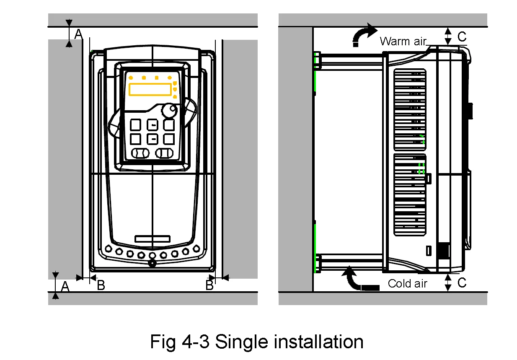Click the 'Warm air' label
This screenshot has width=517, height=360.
coord(403,41)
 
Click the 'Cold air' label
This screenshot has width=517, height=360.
coord(407,284)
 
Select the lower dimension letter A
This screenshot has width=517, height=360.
coord(65,287)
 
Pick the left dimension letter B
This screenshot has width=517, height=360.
coord(101,285)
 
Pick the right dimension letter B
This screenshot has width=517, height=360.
coord(209,285)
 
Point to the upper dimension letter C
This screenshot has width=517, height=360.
coord(462,37)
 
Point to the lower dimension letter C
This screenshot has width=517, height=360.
coord(462,283)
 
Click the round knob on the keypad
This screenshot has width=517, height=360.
coord(168,111)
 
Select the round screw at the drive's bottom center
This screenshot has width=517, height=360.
coord(152,263)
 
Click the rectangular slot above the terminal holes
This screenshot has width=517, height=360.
coord(153,239)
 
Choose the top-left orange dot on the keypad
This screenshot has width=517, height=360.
coord(131,78)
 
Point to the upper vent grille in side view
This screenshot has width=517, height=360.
coord(410,110)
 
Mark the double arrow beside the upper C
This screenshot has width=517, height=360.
coord(448,36)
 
